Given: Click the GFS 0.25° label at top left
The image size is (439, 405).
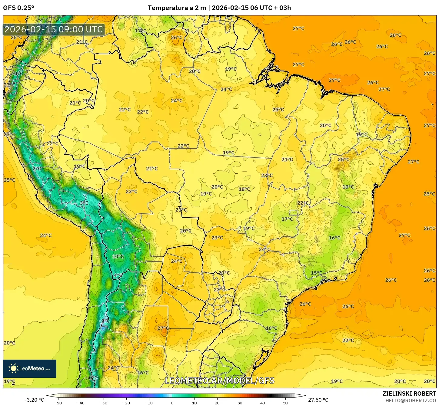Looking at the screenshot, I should coord(18,8).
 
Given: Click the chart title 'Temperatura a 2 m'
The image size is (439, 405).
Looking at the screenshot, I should coord(177,8).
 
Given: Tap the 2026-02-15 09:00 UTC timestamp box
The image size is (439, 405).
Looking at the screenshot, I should coord(54,29).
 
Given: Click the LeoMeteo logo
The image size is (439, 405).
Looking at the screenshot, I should coord(30,368).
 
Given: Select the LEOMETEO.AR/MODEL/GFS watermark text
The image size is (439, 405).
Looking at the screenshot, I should coord(219,380).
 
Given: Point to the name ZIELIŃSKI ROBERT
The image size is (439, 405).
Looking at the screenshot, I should coord(409,393).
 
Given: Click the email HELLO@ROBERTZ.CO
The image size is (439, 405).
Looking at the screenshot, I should coord(411,400).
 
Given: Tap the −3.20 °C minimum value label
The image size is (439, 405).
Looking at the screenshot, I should coord(34,400).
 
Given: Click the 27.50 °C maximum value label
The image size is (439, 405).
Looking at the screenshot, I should coord(318,400).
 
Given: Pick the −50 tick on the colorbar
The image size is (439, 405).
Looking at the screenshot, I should coord(58,403).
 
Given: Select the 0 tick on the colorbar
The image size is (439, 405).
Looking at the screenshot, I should coord(172,403).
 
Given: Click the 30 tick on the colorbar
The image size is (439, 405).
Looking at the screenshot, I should coord(240,403).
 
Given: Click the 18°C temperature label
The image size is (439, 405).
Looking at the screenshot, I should coord(244,189).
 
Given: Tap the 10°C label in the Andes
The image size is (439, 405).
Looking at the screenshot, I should coord(118,256).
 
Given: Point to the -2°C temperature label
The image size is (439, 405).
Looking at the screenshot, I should coord(105,321).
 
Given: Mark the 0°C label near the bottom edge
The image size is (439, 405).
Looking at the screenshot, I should coord(93,378).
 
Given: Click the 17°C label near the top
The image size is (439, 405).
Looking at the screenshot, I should coord(140,31).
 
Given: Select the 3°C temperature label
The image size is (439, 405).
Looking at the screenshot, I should coord(84,203).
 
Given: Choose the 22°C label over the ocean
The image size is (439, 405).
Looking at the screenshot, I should coord(348,340).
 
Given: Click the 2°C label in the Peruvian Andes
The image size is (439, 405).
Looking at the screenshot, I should coord(37,169).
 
